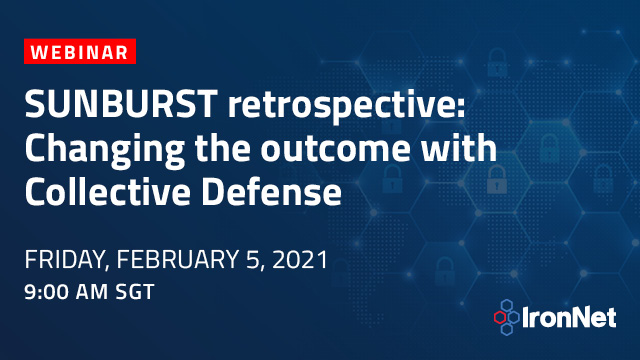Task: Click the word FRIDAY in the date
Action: tap(62, 262)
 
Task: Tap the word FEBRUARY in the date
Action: tap(191, 262)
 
